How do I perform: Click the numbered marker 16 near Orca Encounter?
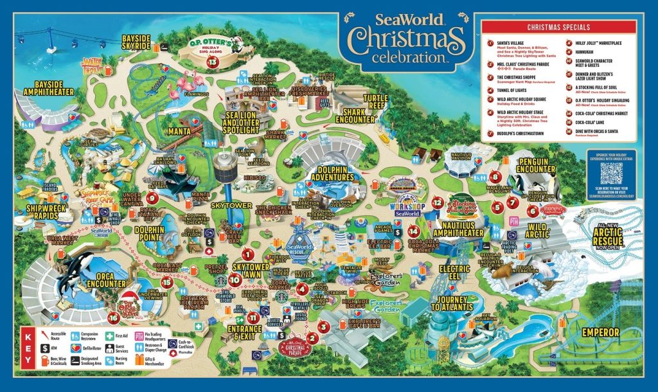[x=114, y=317]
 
